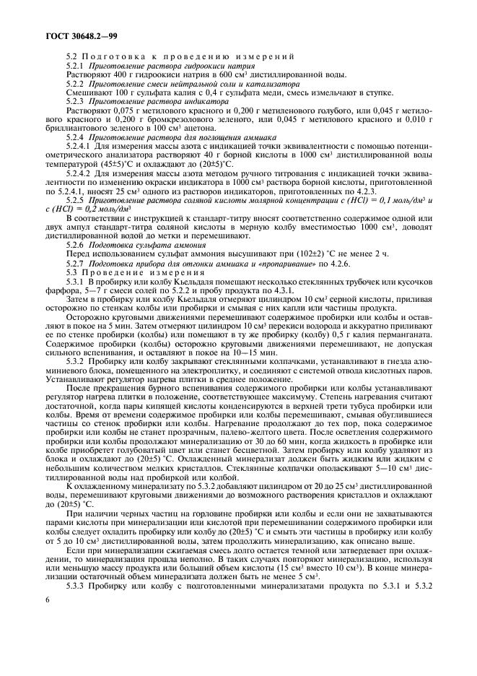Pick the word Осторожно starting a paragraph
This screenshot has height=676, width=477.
click(87, 318)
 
